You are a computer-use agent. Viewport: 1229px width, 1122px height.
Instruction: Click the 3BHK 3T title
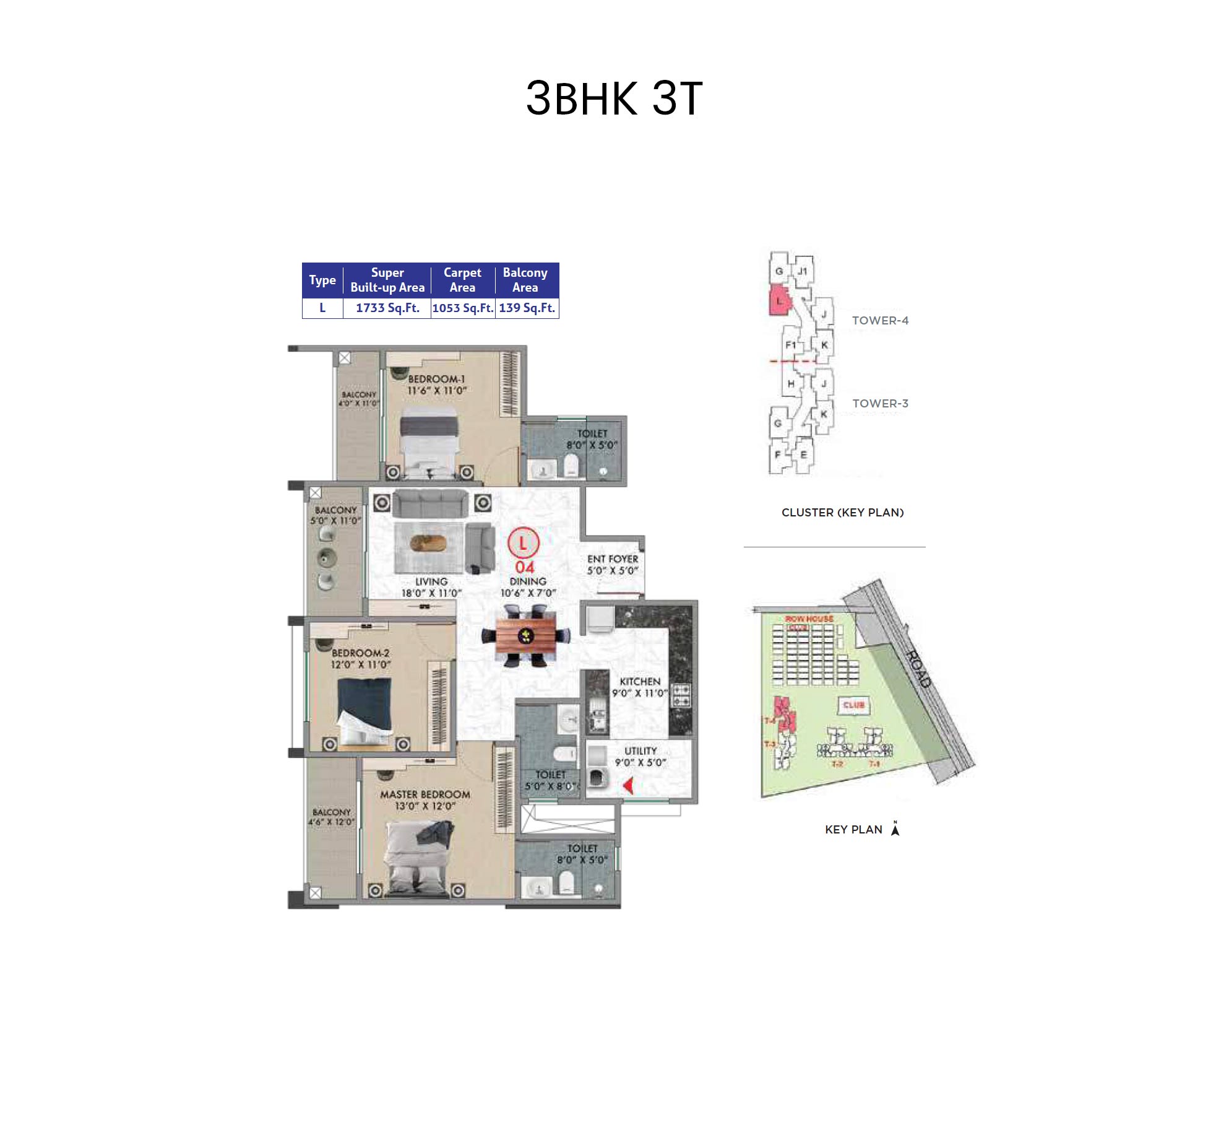click(614, 98)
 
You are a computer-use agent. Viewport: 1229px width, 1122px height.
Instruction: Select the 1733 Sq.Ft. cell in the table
click(387, 308)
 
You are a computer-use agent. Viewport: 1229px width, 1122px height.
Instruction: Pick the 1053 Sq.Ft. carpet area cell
click(463, 308)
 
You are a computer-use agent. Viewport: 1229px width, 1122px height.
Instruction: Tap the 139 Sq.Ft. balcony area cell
click(527, 308)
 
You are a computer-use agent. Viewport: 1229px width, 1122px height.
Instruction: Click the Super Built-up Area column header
click(387, 280)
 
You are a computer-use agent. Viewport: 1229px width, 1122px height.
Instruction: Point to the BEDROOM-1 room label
click(436, 379)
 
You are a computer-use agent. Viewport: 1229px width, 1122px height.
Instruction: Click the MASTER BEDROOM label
click(425, 794)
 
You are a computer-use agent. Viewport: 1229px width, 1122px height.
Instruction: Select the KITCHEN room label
click(640, 681)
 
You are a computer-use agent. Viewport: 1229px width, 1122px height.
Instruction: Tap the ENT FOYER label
click(613, 559)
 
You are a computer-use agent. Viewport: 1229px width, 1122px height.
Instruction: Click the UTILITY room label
click(640, 750)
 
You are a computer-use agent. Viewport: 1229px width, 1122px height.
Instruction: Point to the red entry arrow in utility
click(629, 786)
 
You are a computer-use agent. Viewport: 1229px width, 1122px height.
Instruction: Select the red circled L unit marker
click(524, 543)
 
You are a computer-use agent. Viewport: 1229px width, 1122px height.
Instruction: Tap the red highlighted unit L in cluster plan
click(779, 301)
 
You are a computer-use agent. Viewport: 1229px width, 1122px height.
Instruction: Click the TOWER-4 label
click(880, 320)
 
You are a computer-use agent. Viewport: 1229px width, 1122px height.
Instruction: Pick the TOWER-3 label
click(880, 403)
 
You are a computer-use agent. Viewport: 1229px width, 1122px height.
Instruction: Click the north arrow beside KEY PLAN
click(895, 828)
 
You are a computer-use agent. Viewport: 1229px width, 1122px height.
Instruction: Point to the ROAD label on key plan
click(918, 669)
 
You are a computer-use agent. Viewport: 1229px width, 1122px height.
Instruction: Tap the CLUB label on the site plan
click(853, 705)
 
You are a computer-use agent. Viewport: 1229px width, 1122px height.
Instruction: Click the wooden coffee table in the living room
click(428, 544)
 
